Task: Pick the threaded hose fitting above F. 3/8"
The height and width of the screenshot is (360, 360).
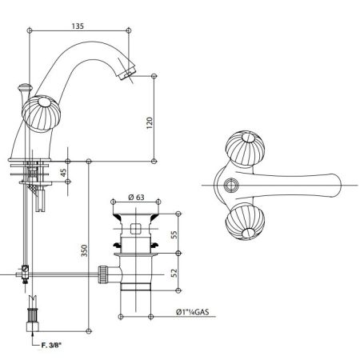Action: coord(34,313)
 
